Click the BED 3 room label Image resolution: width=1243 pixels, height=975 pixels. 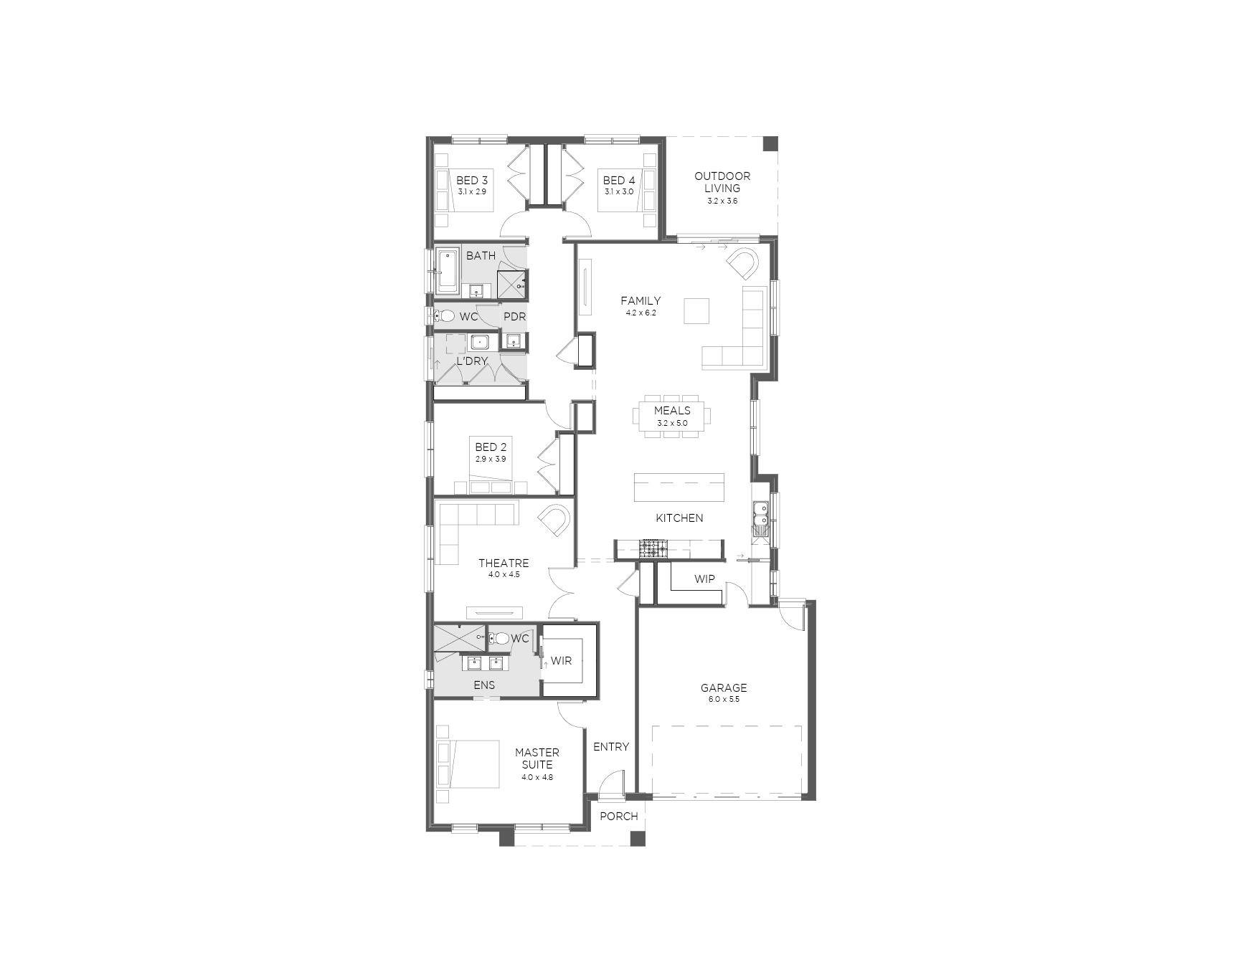pyautogui.click(x=472, y=181)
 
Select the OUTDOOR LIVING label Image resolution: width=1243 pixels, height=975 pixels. pyautogui.click(x=722, y=182)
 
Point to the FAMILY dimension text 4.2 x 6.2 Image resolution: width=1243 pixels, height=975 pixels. pyautogui.click(x=641, y=313)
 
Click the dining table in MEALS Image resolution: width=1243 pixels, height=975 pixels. pyautogui.click(x=673, y=417)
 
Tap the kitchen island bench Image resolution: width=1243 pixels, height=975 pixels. pyautogui.click(x=679, y=487)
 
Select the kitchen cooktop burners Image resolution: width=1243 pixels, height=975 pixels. pyautogui.click(x=653, y=549)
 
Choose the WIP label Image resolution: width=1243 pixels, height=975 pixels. pyautogui.click(x=704, y=579)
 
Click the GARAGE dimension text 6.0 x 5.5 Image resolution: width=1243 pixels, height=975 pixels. pyautogui.click(x=724, y=699)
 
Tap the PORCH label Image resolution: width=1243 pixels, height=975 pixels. pyautogui.click(x=619, y=816)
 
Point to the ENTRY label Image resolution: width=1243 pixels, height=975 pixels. pyautogui.click(x=611, y=747)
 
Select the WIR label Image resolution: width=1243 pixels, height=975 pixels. pyautogui.click(x=562, y=660)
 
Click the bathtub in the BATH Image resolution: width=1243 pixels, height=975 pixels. pyautogui.click(x=448, y=272)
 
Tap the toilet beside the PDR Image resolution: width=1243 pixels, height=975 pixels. pyautogui.click(x=446, y=316)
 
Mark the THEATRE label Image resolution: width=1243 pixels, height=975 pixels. pyautogui.click(x=504, y=563)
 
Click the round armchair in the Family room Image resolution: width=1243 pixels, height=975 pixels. pyautogui.click(x=742, y=263)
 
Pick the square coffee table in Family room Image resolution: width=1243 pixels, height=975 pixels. pyautogui.click(x=696, y=311)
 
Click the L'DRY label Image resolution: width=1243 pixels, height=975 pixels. pyautogui.click(x=472, y=361)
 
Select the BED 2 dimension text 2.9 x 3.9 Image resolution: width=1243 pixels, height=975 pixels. pyautogui.click(x=491, y=459)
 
